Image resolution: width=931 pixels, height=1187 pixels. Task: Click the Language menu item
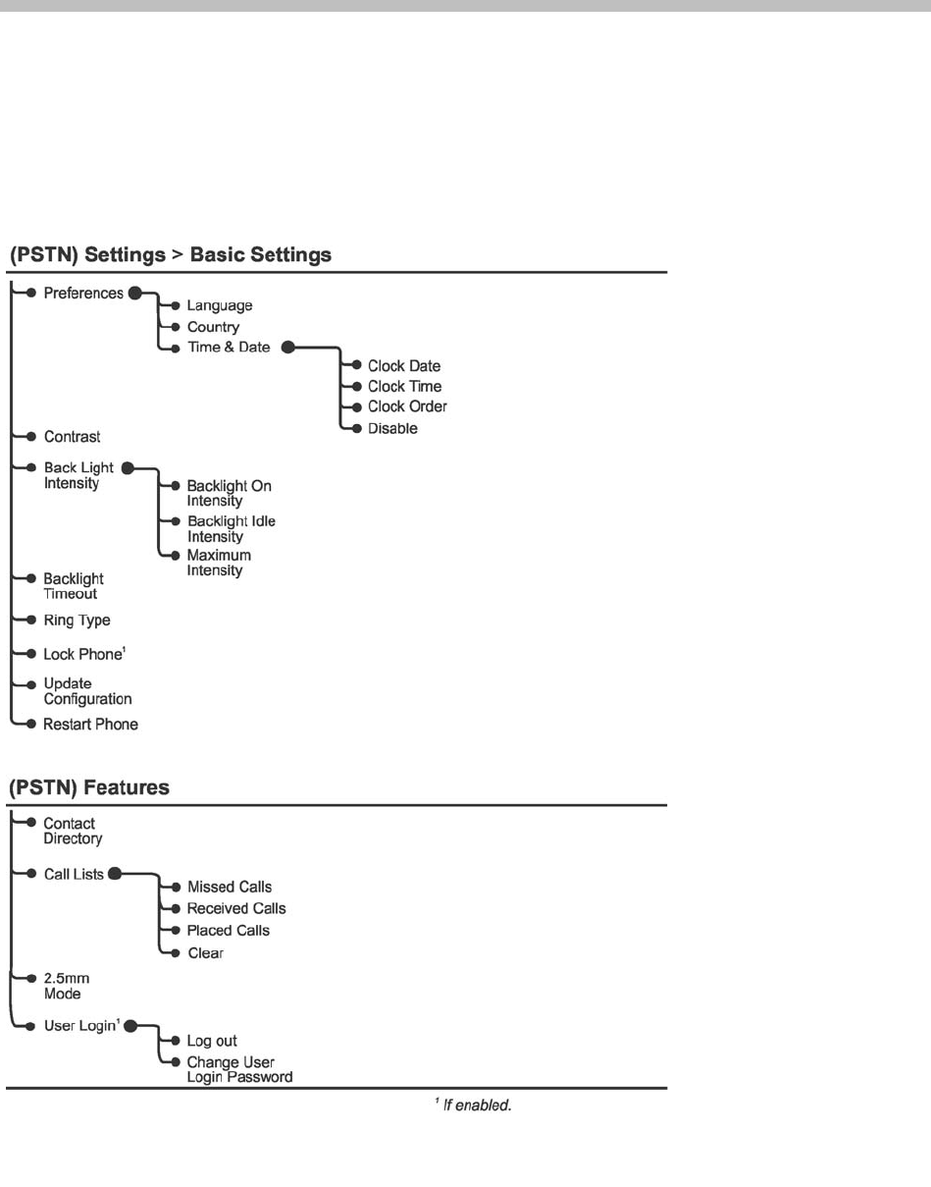(219, 306)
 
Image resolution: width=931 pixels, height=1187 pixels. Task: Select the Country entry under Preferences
(213, 327)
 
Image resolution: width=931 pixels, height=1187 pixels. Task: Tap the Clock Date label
(404, 366)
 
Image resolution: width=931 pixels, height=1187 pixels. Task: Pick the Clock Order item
(407, 406)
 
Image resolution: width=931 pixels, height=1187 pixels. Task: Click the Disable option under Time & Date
(392, 428)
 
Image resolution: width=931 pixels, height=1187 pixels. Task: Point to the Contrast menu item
(72, 436)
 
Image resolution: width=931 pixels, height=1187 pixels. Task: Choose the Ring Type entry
(77, 620)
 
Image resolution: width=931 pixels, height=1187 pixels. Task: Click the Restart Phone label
(90, 725)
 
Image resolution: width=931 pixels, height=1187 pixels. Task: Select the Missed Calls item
(229, 888)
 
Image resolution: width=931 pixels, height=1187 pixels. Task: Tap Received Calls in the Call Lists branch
(236, 908)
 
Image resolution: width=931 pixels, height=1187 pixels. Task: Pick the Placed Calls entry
(228, 930)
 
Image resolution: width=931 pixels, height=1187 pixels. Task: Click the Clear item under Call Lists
(206, 952)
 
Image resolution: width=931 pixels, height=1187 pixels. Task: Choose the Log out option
(212, 1041)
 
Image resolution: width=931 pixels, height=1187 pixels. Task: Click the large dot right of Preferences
(135, 293)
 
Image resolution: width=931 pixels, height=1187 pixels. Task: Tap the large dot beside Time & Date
(288, 347)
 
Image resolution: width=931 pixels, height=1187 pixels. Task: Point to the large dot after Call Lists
(115, 874)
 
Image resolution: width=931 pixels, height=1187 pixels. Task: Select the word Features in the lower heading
(123, 787)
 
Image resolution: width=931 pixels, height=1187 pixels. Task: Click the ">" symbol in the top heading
(178, 255)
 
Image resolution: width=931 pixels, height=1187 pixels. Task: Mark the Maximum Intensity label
(219, 563)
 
